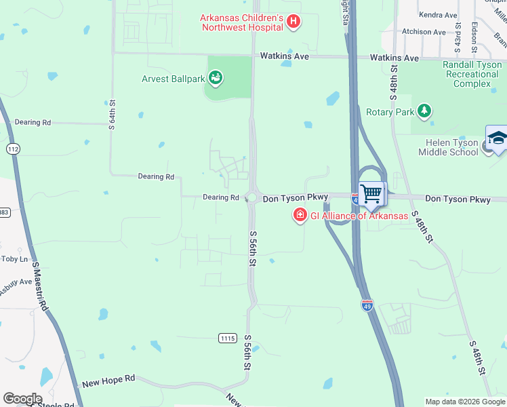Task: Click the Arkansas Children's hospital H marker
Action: pos(293,22)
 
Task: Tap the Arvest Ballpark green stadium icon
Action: pos(216,79)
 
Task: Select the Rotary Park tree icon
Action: pos(424,111)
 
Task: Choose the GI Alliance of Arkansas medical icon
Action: pos(299,216)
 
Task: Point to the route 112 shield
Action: pos(12,148)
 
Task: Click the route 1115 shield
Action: pos(228,338)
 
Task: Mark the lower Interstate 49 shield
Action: pos(367,305)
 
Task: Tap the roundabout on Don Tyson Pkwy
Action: pos(252,198)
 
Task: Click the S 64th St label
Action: pos(113,116)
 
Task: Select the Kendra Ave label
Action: pos(438,15)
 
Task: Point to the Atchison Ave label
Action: pos(424,32)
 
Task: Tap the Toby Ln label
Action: pos(15,259)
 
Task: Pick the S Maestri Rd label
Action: pos(41,288)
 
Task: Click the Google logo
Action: pos(22,399)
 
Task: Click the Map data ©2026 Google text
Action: pos(465,402)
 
